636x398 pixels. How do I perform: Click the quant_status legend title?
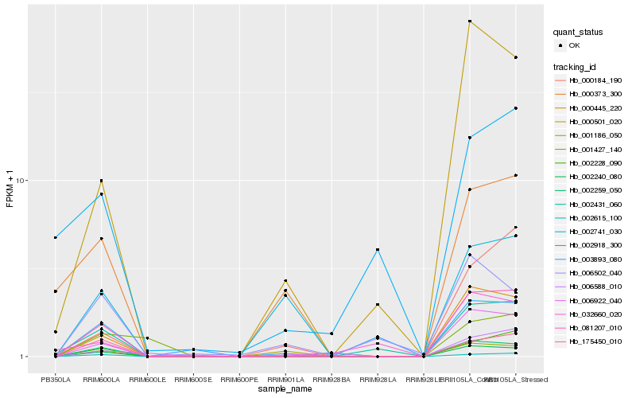[x=579, y=33]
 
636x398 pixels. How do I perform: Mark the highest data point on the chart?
[x=470, y=21]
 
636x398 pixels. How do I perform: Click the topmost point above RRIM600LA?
[x=102, y=181]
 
